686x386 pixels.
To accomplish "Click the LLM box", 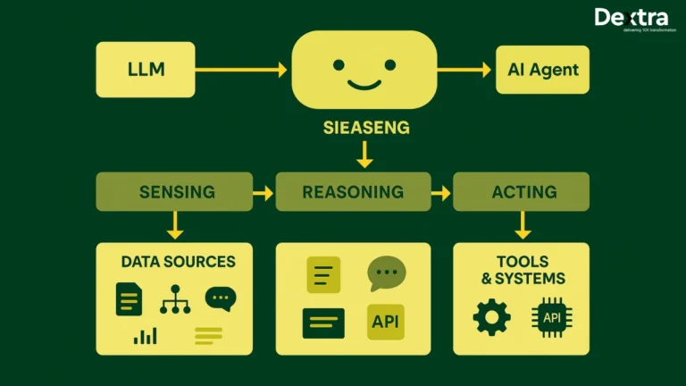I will click(145, 70).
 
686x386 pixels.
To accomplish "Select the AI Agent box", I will click(543, 70).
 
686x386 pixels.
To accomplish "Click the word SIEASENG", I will click(366, 128).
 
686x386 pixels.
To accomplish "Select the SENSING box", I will click(176, 192).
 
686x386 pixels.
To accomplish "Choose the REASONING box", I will click(353, 192).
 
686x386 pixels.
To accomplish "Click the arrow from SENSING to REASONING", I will click(264, 192).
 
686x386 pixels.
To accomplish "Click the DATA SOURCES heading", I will click(178, 262).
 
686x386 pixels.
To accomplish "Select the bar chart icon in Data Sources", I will click(145, 336).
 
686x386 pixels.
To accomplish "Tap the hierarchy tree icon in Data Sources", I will click(175, 300).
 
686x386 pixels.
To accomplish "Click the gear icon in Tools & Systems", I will click(491, 317).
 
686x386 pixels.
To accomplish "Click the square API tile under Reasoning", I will click(386, 322).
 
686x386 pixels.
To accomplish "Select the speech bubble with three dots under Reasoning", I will click(386, 273).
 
